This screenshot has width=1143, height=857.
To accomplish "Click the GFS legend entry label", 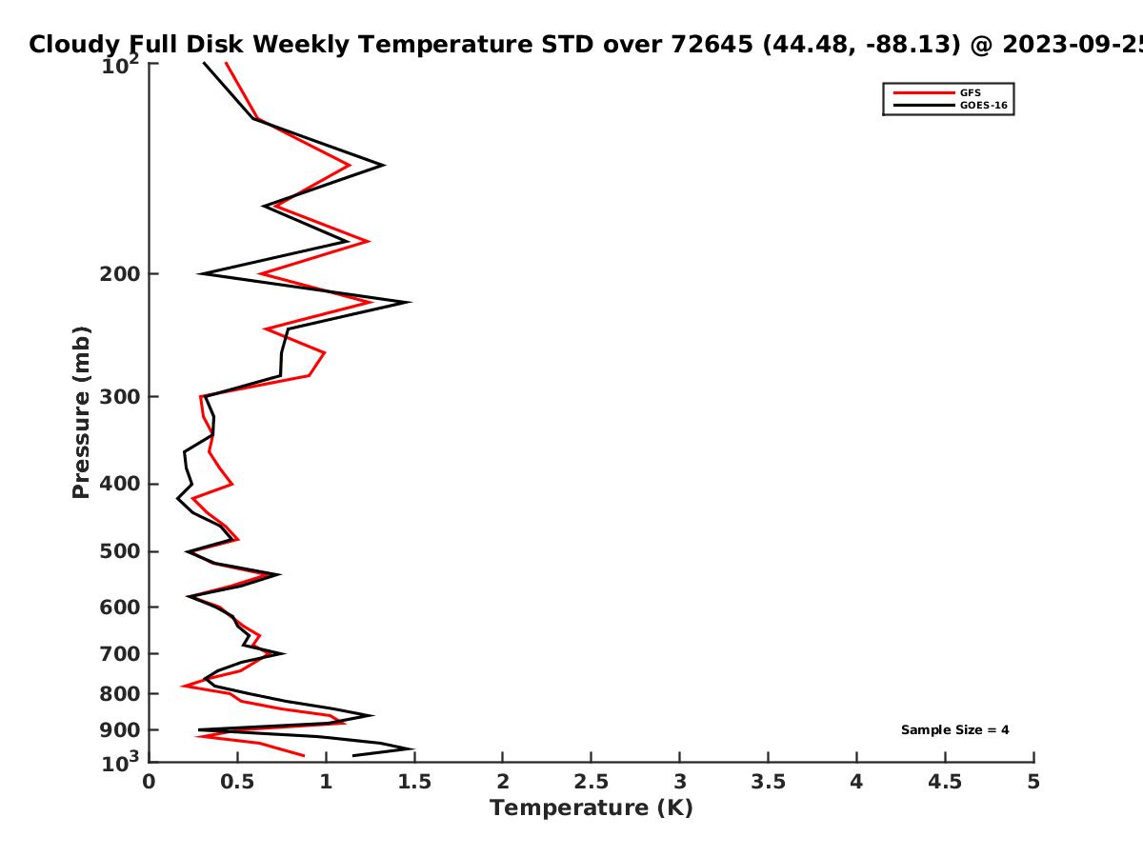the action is point(970,93).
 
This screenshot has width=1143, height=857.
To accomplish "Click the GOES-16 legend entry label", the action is point(983,106).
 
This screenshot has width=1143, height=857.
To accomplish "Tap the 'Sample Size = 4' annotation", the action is point(954,730).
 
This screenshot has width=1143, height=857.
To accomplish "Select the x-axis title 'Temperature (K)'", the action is point(592,808).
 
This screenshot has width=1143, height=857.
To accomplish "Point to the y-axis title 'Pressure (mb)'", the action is point(81,412).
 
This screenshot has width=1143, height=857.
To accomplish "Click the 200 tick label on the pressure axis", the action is point(120,274).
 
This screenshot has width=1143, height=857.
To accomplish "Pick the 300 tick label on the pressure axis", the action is point(120,397).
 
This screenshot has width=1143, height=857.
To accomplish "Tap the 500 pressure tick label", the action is point(120,551).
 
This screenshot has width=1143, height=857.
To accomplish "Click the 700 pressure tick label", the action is point(120,654).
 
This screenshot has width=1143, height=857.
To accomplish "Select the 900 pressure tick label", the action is point(120,730).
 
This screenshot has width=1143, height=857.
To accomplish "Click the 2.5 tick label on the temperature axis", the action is point(592,782).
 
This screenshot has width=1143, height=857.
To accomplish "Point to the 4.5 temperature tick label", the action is point(945,782).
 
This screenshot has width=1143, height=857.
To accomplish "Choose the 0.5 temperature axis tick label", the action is point(237,782).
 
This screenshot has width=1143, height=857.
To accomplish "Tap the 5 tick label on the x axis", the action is point(1033,782).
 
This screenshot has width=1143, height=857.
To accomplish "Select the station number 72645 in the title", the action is point(712,44).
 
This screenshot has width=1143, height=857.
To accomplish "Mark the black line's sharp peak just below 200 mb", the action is point(411,302).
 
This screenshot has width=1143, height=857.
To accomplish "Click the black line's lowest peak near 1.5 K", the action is point(413,749).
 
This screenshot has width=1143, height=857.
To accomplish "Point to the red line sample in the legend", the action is point(924,93).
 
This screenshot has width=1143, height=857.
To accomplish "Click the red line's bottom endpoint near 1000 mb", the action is point(304,755).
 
